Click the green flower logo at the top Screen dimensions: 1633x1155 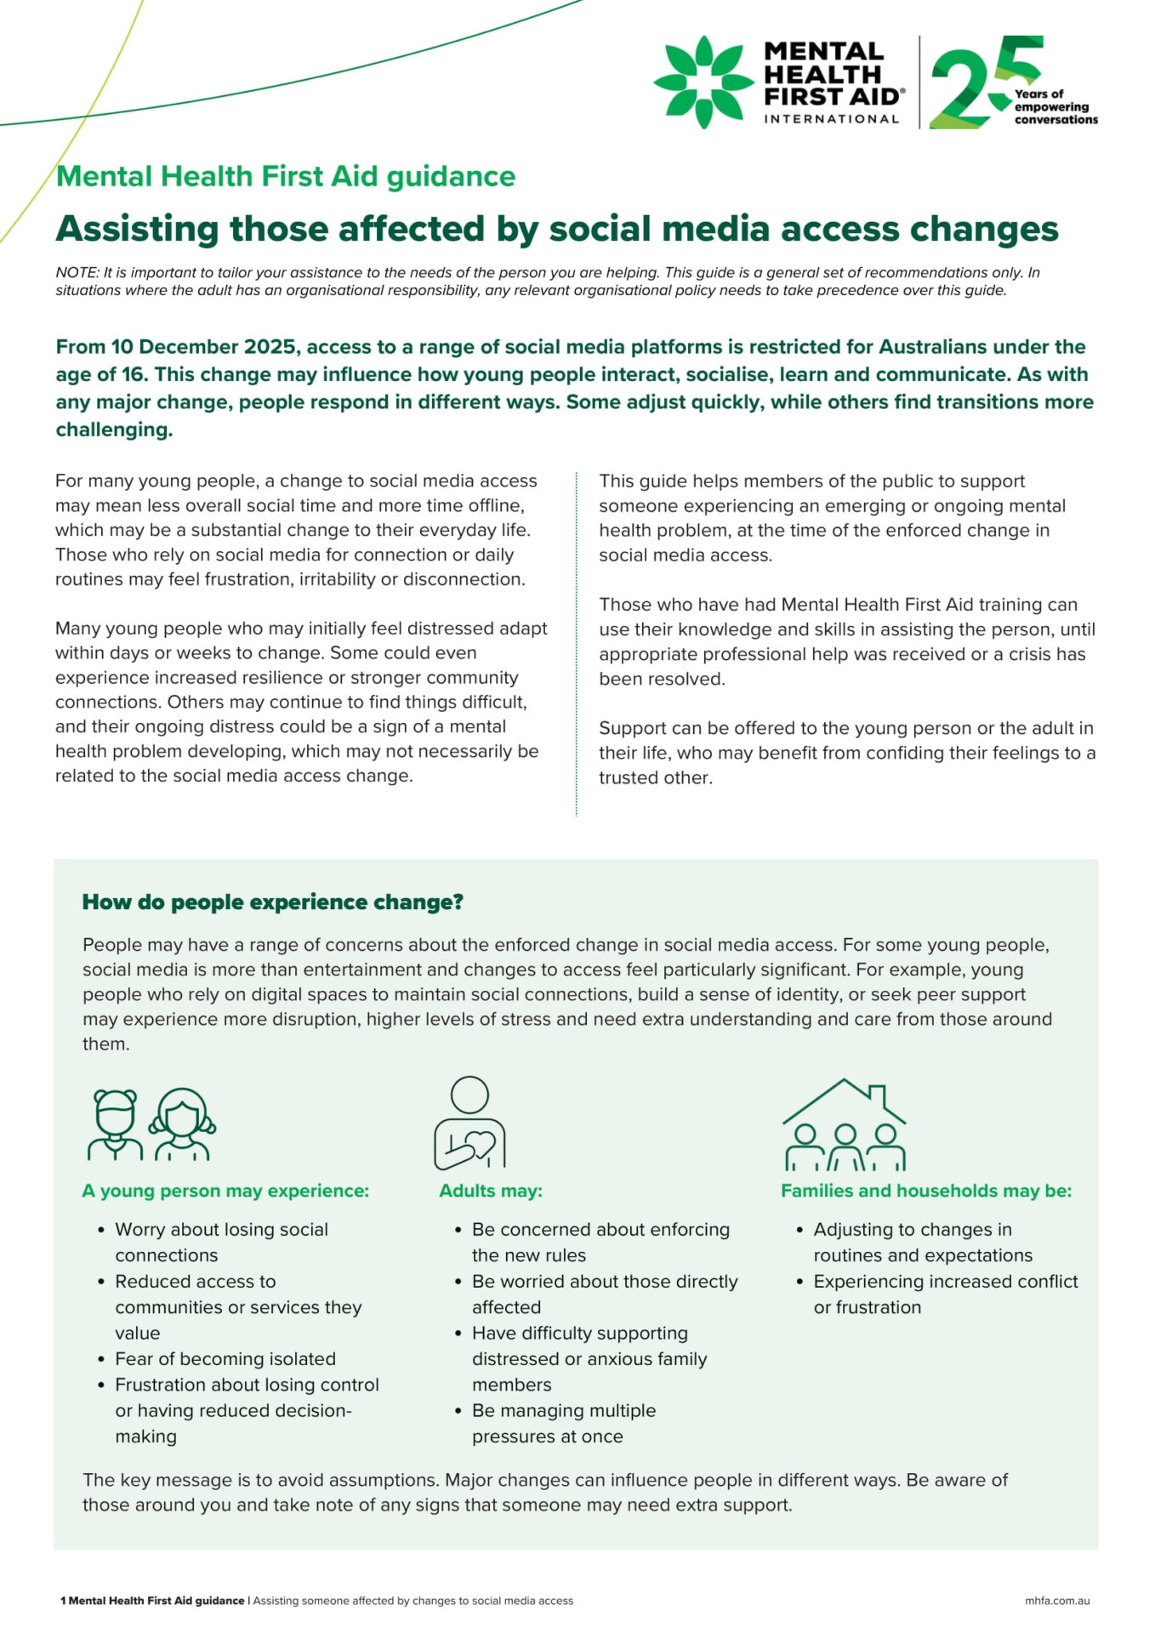coord(703,82)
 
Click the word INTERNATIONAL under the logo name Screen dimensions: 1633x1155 coord(831,119)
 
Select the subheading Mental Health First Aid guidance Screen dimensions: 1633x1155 coord(286,176)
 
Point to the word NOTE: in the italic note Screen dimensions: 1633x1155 coord(77,273)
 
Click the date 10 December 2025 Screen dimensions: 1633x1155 coord(202,347)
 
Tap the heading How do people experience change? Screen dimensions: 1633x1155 coord(272,902)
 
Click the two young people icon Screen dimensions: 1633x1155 coord(151,1124)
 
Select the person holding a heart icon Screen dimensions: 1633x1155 coord(469,1123)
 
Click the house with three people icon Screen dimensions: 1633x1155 coord(844,1124)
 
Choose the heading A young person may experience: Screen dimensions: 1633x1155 coord(225,1191)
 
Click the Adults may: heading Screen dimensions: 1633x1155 coord(491,1191)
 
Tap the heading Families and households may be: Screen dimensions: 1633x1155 coord(926,1191)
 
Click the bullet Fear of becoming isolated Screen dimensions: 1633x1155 coord(225,1358)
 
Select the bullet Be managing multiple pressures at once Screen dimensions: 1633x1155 coord(563,1423)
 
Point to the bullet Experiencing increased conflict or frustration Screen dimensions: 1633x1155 coord(944,1294)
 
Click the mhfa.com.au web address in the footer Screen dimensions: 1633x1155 coord(1057,1601)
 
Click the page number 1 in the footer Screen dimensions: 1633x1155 coord(63,1601)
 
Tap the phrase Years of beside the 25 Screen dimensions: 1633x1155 coord(1038,94)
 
